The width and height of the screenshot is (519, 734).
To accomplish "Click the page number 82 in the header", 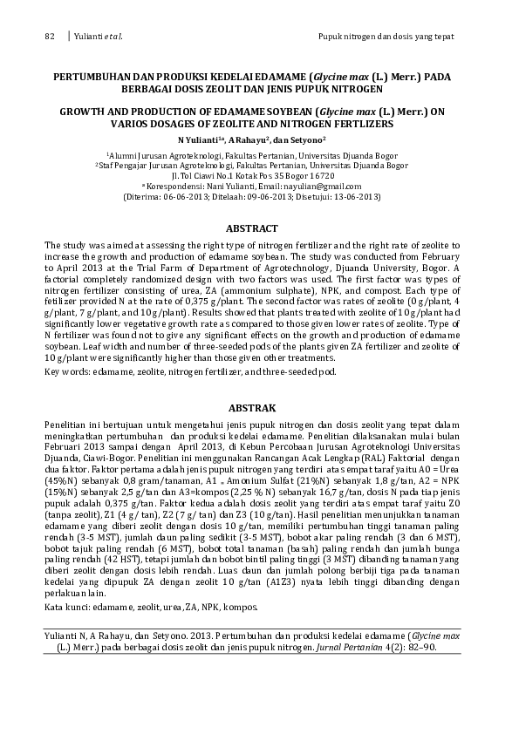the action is point(49,37).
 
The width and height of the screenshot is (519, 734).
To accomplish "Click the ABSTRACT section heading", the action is point(252,228).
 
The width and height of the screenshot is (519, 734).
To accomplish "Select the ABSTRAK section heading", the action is point(252,408).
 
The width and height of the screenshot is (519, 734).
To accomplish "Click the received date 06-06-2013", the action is point(192,197).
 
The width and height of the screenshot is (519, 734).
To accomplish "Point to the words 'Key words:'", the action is point(66,371).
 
